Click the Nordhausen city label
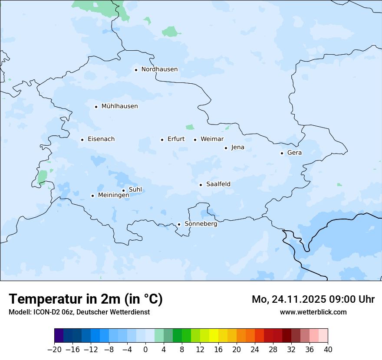(x=159, y=69)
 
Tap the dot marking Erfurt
(x=162, y=140)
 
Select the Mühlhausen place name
(x=119, y=106)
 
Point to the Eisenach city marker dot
(x=82, y=140)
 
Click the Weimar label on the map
(x=212, y=139)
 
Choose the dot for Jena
(x=226, y=148)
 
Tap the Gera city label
(x=294, y=153)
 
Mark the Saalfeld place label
(x=218, y=184)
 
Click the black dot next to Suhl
(x=123, y=190)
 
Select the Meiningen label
(x=113, y=196)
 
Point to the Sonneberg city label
(x=201, y=224)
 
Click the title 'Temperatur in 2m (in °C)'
(x=86, y=299)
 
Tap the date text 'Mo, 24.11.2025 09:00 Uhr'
(x=313, y=299)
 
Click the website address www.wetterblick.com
(x=313, y=312)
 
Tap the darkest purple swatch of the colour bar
(x=59, y=336)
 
